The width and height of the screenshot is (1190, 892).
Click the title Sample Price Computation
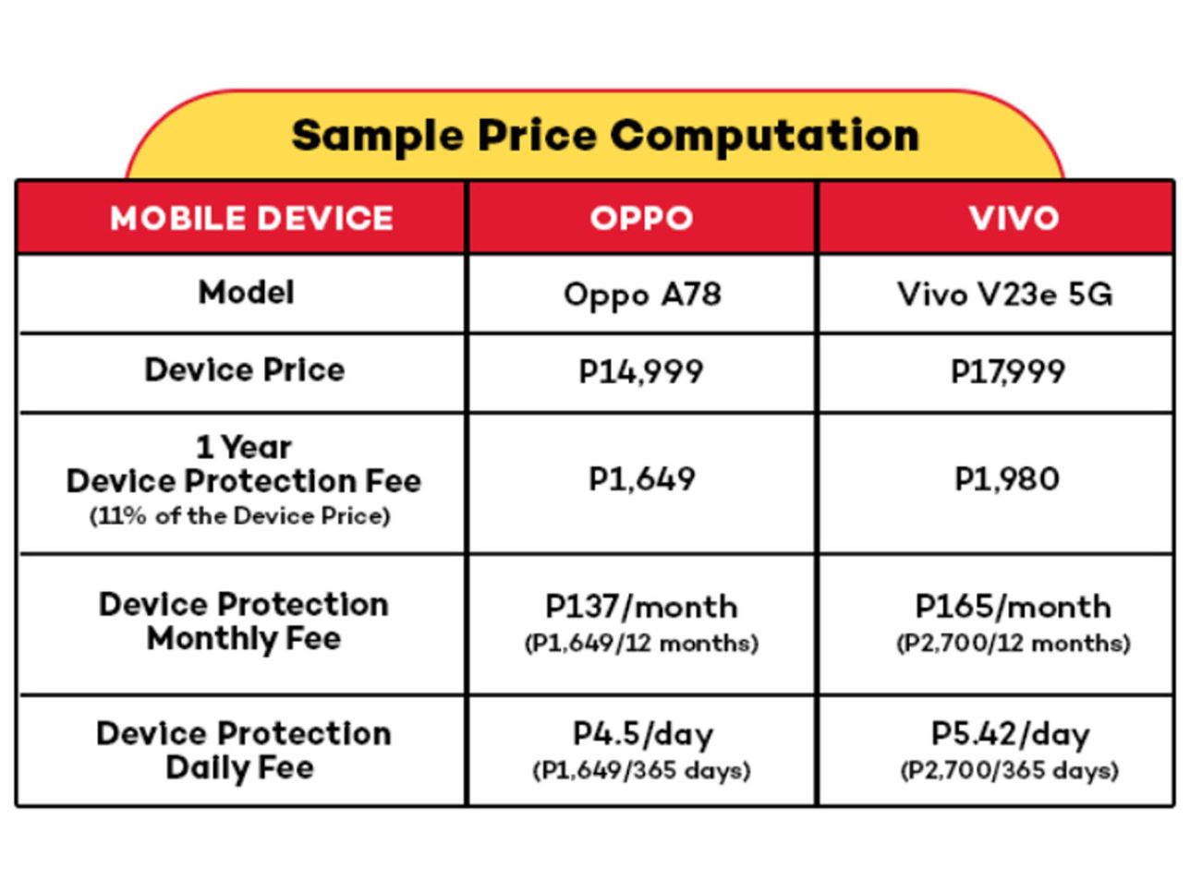605,136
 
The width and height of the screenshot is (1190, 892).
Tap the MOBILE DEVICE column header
251,219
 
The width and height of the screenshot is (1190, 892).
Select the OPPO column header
641,219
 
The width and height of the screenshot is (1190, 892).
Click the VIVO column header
1014,219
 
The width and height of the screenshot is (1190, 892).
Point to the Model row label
246,293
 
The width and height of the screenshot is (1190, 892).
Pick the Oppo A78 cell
641,295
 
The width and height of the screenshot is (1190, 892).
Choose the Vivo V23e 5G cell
1005,295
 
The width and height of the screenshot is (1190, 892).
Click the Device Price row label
245,370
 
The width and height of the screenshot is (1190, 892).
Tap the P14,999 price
641,372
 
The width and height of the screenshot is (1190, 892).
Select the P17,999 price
1007,372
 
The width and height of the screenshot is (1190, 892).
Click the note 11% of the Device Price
240,516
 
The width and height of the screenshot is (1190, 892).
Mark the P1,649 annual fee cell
641,479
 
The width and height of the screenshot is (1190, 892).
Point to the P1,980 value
1006,479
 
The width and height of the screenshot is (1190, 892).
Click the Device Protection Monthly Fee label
244,621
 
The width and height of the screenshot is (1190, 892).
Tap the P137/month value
641,607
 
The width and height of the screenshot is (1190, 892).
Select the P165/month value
1013,607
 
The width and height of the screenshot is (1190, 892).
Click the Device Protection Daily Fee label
243,750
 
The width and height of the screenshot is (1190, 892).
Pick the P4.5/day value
642,735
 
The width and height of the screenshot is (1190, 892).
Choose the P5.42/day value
1010,735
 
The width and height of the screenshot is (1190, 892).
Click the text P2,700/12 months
1013,644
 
